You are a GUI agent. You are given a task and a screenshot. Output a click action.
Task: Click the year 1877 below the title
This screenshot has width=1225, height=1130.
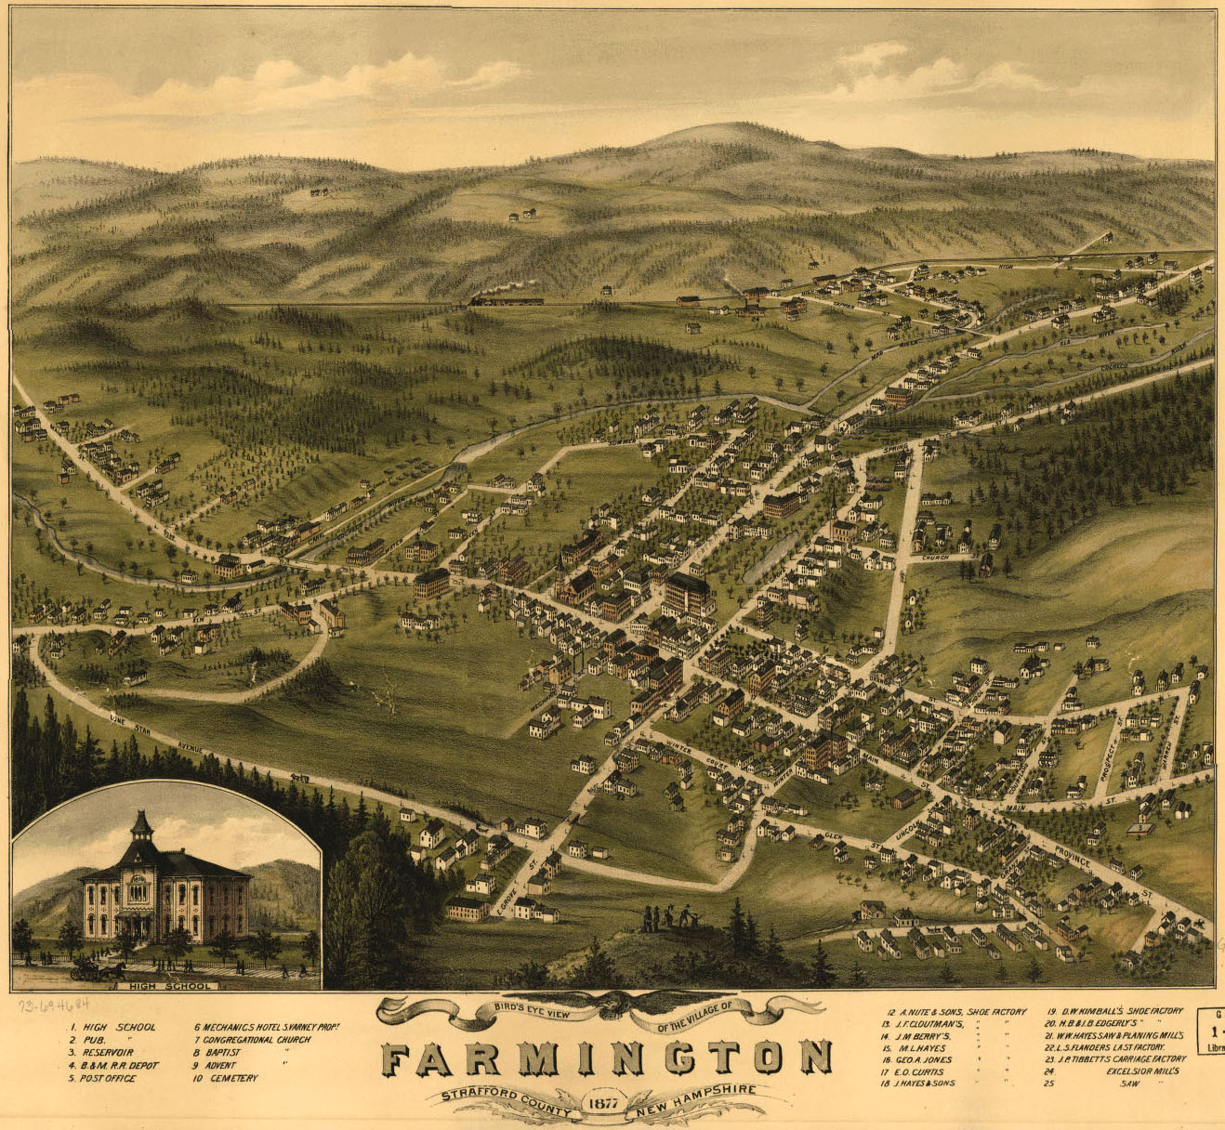click(603, 1103)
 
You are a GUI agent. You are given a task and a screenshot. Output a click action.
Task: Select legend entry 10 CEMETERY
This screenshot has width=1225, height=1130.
click(226, 1078)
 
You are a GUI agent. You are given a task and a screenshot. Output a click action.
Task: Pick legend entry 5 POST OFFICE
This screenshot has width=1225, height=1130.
click(103, 1078)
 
